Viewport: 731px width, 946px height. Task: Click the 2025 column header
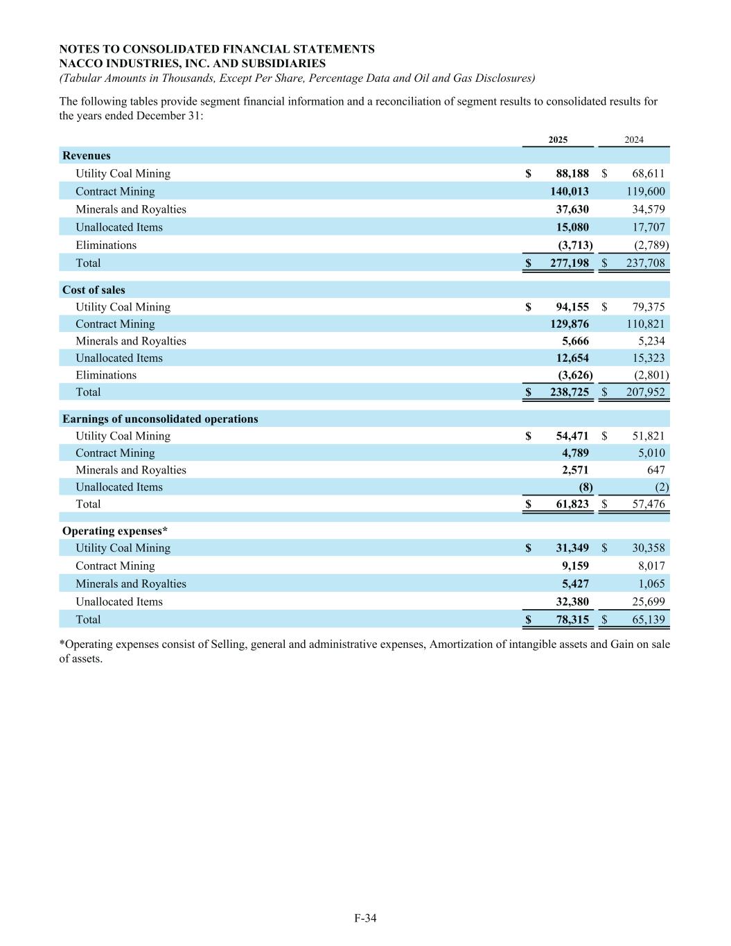click(558, 140)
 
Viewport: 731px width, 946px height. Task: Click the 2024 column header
click(633, 140)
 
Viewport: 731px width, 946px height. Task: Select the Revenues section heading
click(87, 156)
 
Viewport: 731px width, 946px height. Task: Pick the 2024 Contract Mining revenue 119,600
click(644, 192)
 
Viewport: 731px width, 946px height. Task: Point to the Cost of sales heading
click(94, 290)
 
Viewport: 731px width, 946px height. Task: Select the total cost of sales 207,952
click(644, 392)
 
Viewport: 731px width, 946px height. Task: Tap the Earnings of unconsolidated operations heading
click(160, 419)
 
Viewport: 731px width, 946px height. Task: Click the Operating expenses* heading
click(115, 532)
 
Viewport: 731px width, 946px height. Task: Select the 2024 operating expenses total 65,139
click(647, 620)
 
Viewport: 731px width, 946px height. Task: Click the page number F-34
click(365, 919)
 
